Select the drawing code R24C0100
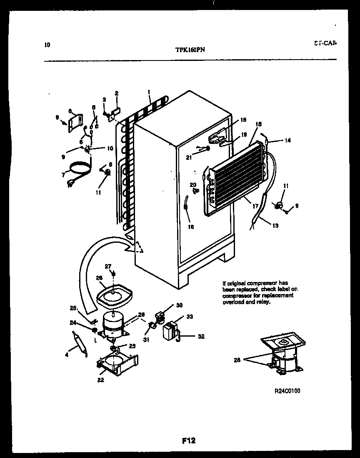tap(287, 391)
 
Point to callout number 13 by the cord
tap(275, 226)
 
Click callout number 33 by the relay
tap(189, 317)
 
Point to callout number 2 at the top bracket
tap(117, 93)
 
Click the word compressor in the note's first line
tap(265, 283)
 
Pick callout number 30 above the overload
tap(179, 305)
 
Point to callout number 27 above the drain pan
tap(107, 266)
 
